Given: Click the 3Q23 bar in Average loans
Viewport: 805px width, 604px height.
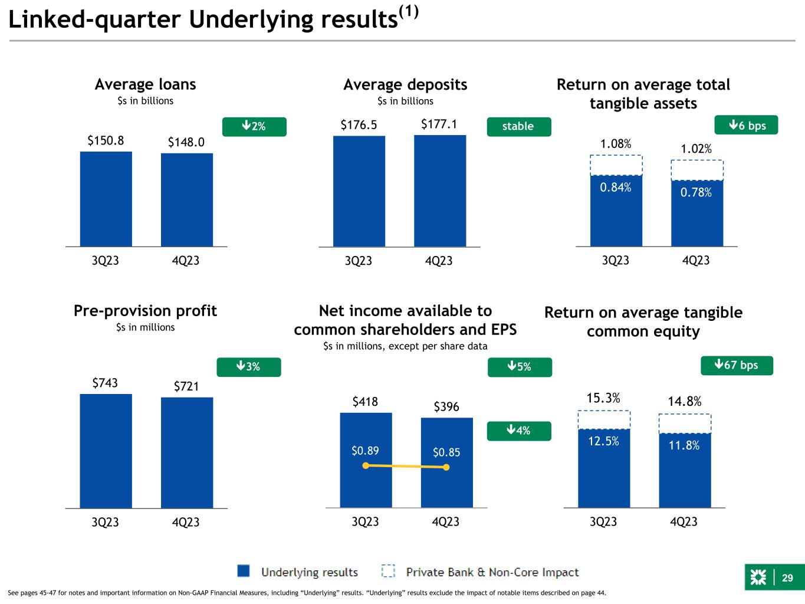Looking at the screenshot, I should pyautogui.click(x=106, y=198).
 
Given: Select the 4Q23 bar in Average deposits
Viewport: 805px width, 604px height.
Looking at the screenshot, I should pyautogui.click(x=440, y=191).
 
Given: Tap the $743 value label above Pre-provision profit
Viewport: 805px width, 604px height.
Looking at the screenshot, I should pyautogui.click(x=105, y=383).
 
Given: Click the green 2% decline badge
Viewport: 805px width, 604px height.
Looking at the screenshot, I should pyautogui.click(x=254, y=127).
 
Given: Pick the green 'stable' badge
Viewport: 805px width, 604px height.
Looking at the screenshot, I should pyautogui.click(x=518, y=126).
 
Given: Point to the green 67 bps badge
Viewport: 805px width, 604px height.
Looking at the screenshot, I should pyautogui.click(x=737, y=366).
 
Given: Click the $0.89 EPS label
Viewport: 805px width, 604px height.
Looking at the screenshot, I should pyautogui.click(x=365, y=451).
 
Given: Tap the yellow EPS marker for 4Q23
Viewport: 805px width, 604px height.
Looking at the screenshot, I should pyautogui.click(x=446, y=467).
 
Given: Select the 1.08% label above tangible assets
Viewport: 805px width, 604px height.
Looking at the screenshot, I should pyautogui.click(x=616, y=144).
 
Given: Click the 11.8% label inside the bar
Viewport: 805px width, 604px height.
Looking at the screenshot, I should pyautogui.click(x=684, y=445).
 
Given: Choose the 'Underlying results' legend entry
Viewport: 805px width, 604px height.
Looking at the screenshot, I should pyautogui.click(x=298, y=572).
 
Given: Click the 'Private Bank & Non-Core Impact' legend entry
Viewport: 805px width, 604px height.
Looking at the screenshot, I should pyautogui.click(x=480, y=572).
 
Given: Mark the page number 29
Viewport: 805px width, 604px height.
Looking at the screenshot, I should pyautogui.click(x=787, y=578).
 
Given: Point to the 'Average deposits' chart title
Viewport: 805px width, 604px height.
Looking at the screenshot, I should pyautogui.click(x=405, y=85).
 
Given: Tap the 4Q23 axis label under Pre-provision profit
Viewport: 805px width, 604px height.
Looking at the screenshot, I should pyautogui.click(x=186, y=522).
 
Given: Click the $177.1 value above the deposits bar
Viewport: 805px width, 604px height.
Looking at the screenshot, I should pyautogui.click(x=439, y=124).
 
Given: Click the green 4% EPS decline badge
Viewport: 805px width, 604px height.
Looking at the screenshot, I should pyautogui.click(x=519, y=431).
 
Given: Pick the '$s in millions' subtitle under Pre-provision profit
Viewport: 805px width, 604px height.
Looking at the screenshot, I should pyautogui.click(x=145, y=327).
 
